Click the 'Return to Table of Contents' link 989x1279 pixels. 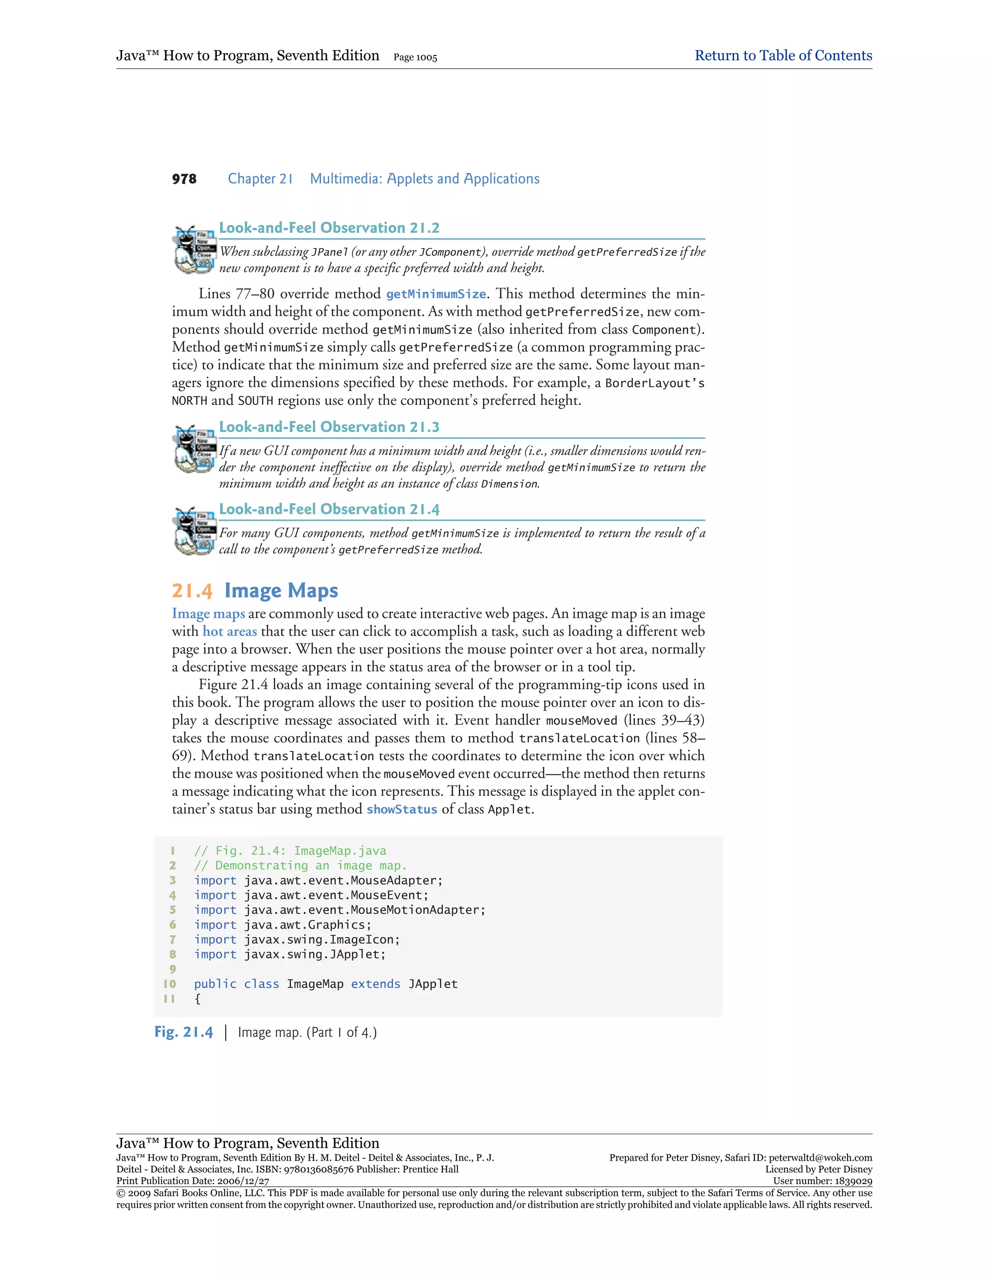point(783,56)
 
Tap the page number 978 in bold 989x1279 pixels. point(184,179)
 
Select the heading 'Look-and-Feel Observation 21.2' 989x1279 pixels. point(329,228)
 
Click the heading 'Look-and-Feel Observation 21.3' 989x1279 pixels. point(329,427)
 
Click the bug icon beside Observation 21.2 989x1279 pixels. point(193,250)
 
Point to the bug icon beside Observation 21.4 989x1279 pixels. point(193,530)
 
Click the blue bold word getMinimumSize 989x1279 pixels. point(436,294)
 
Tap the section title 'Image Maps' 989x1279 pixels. point(281,590)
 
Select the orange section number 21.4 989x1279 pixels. point(192,590)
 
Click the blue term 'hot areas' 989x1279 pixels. point(230,631)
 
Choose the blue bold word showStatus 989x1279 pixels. point(402,809)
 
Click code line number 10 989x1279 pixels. point(170,984)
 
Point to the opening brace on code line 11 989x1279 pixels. point(198,999)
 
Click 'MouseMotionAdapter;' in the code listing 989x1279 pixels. point(418,910)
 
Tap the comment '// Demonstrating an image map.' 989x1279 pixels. point(300,865)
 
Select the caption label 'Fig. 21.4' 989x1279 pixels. point(184,1032)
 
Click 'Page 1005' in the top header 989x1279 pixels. point(415,57)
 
